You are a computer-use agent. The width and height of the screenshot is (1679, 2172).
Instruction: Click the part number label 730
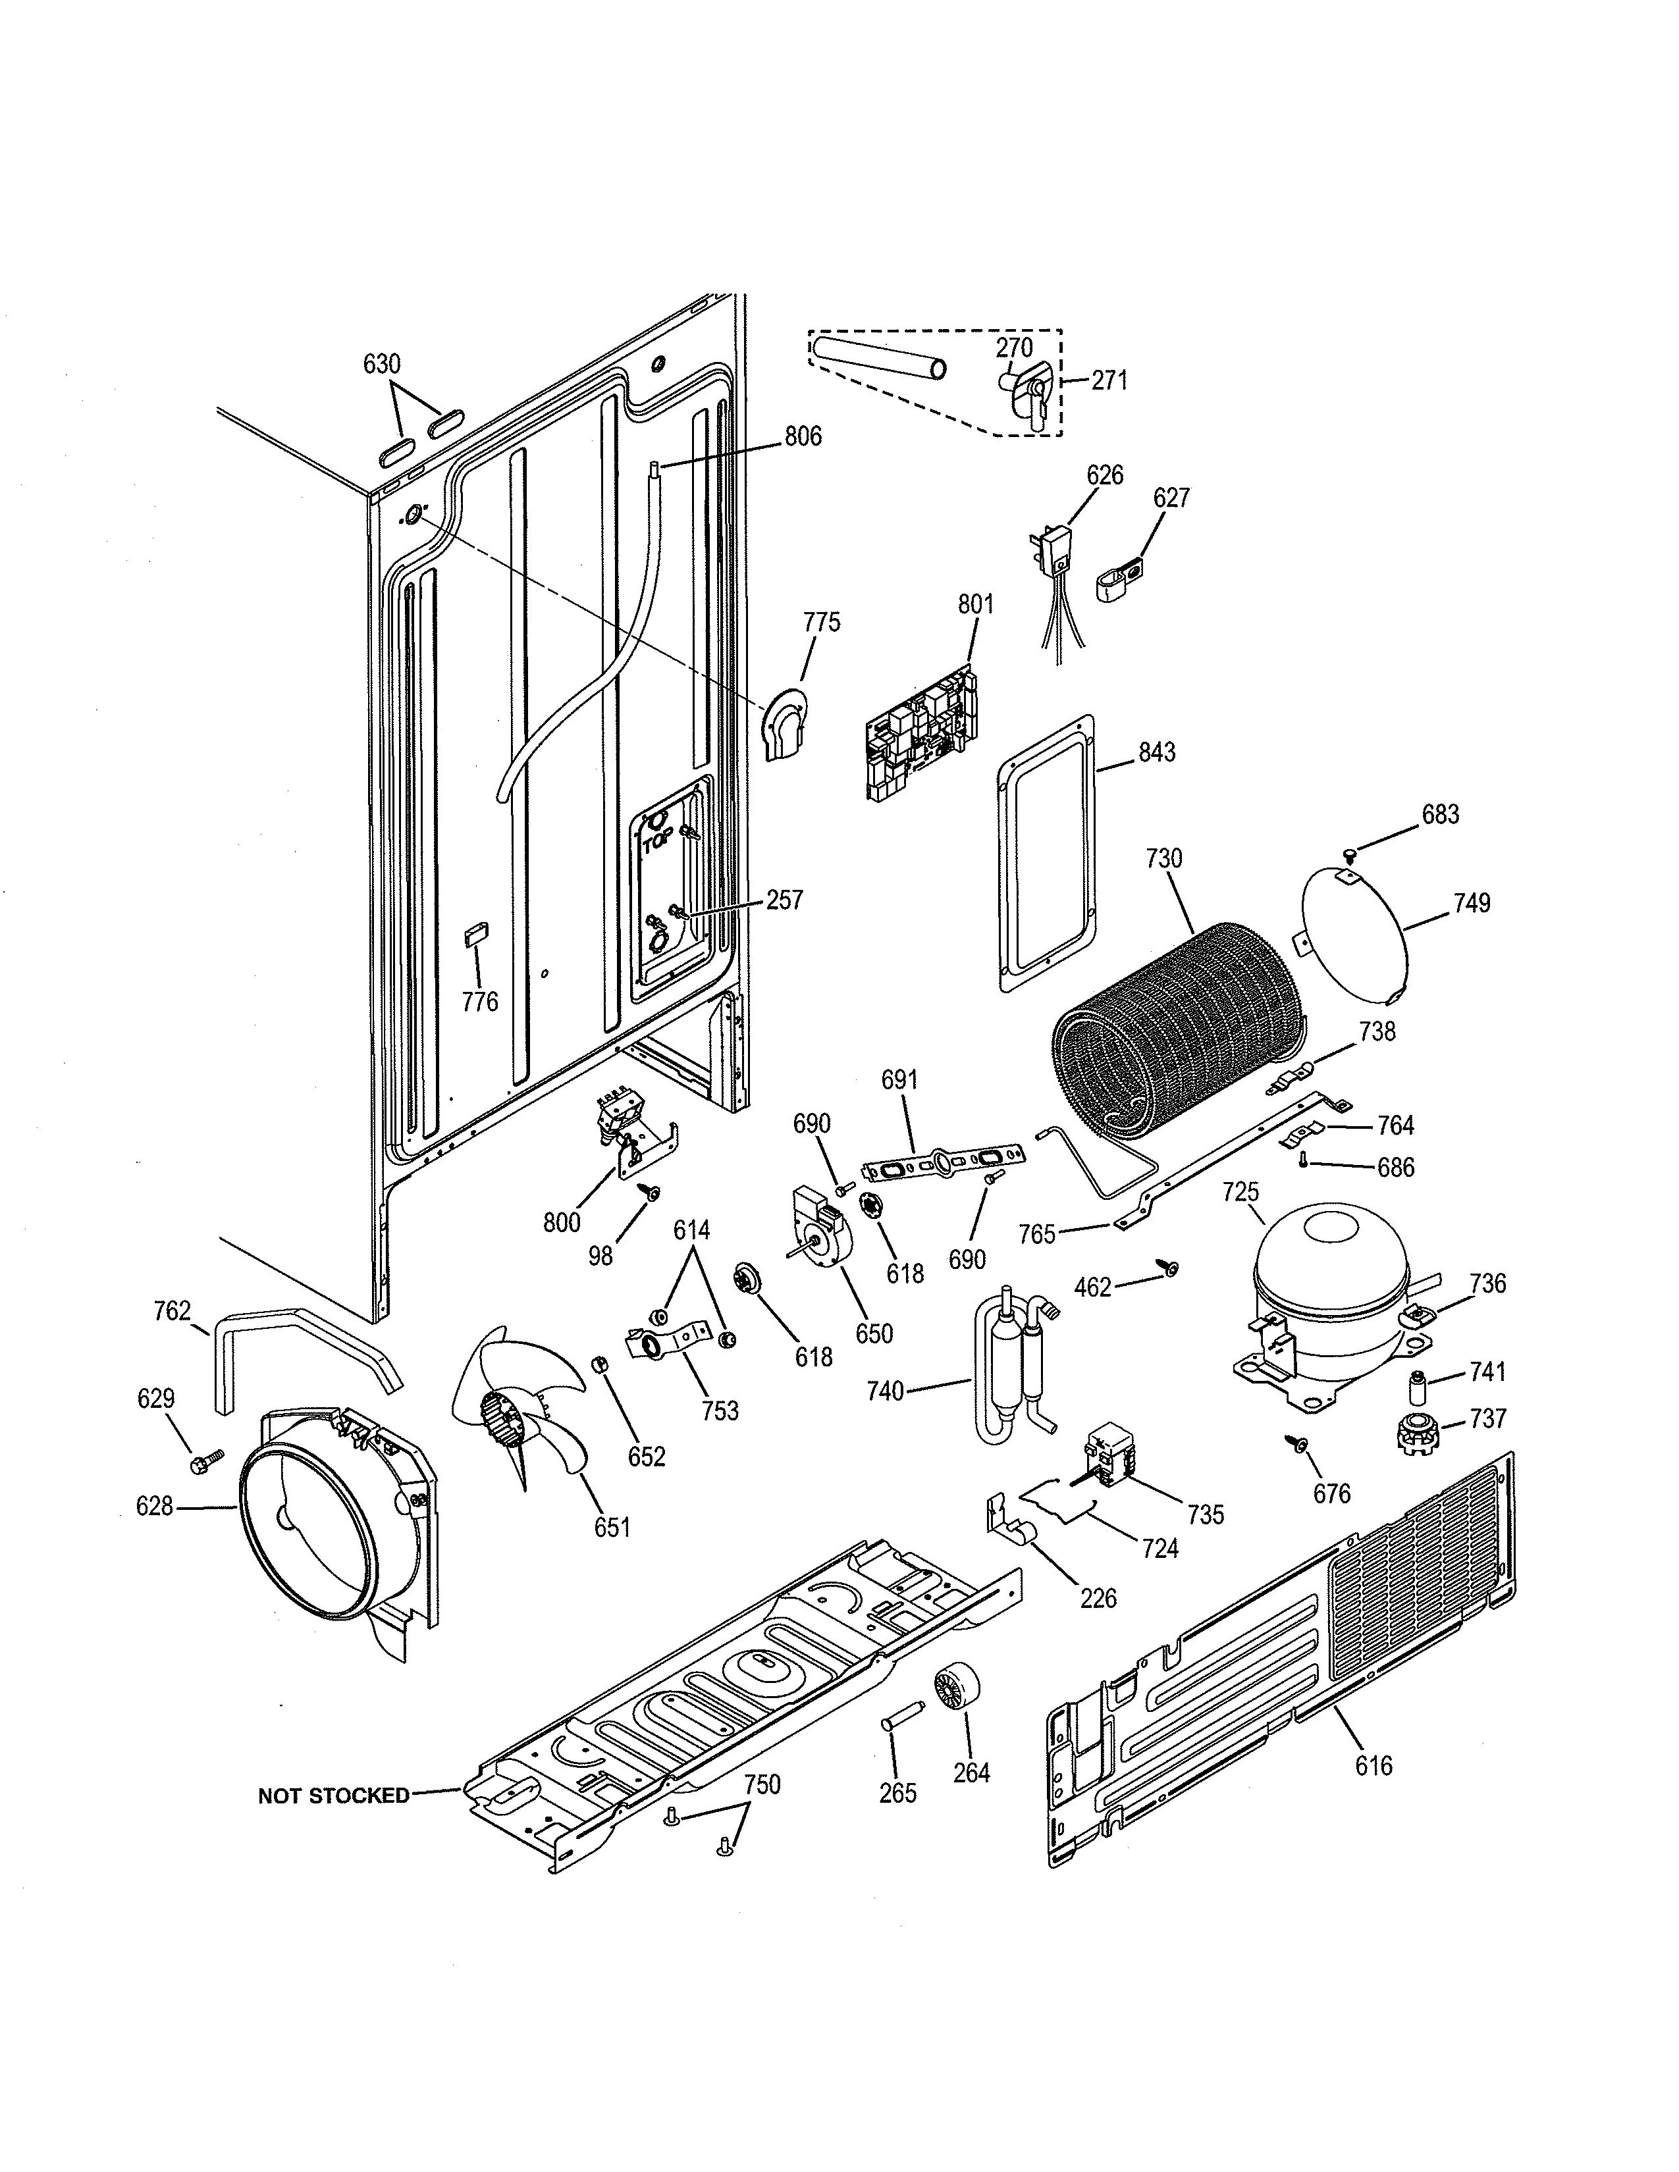click(1163, 858)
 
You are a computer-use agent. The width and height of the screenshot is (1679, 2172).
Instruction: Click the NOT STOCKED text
click(333, 1795)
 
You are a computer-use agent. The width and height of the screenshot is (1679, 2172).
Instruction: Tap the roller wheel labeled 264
click(956, 1690)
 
